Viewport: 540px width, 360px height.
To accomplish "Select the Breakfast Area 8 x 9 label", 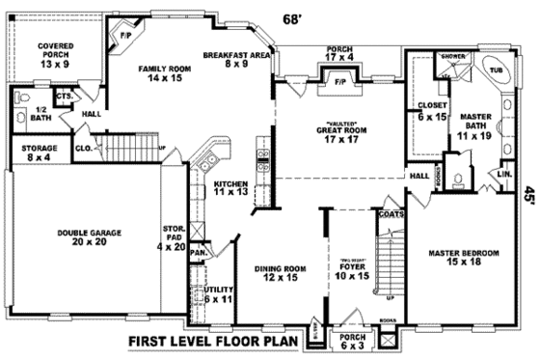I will point(232,60).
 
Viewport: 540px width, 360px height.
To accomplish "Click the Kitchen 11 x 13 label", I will point(231,187).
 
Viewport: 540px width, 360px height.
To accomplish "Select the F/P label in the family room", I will point(124,37).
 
